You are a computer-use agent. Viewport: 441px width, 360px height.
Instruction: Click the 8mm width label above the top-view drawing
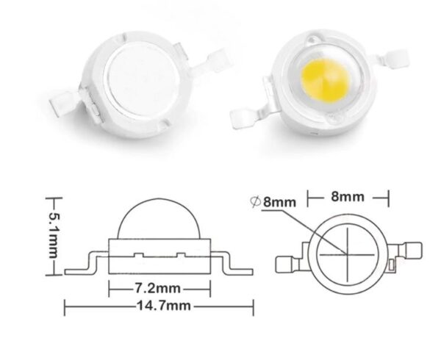pyautogui.click(x=348, y=197)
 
